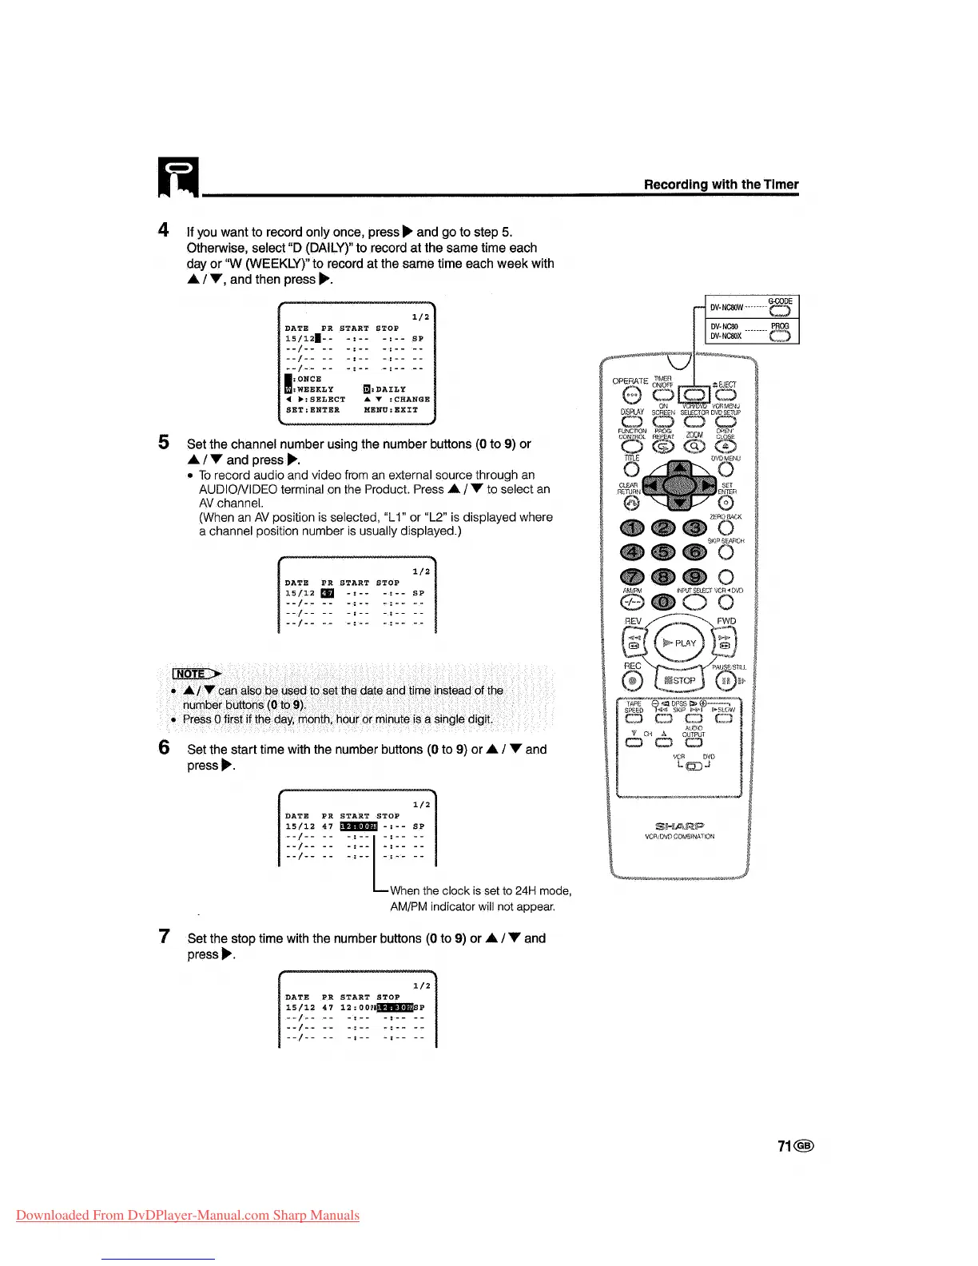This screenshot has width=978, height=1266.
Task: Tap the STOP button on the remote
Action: tap(678, 680)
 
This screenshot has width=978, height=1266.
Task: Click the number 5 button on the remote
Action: tap(663, 551)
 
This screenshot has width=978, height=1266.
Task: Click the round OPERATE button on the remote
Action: tap(632, 394)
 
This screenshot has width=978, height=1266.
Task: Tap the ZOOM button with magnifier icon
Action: tap(694, 447)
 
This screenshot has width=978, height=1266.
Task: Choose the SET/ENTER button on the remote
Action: tap(726, 502)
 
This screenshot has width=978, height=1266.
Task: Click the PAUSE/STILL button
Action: tap(726, 681)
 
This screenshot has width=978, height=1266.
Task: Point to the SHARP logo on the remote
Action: tap(679, 826)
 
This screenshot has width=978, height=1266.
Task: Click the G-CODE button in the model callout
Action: tap(779, 311)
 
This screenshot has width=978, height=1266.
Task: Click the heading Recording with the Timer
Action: tap(721, 185)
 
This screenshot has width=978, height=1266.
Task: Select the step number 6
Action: tap(164, 748)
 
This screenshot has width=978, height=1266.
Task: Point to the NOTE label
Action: tap(191, 674)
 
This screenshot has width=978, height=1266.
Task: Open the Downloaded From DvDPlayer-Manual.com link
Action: tap(188, 1216)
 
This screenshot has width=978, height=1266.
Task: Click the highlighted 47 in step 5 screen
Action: tap(328, 593)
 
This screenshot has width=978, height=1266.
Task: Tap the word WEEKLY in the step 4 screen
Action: tap(316, 389)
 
